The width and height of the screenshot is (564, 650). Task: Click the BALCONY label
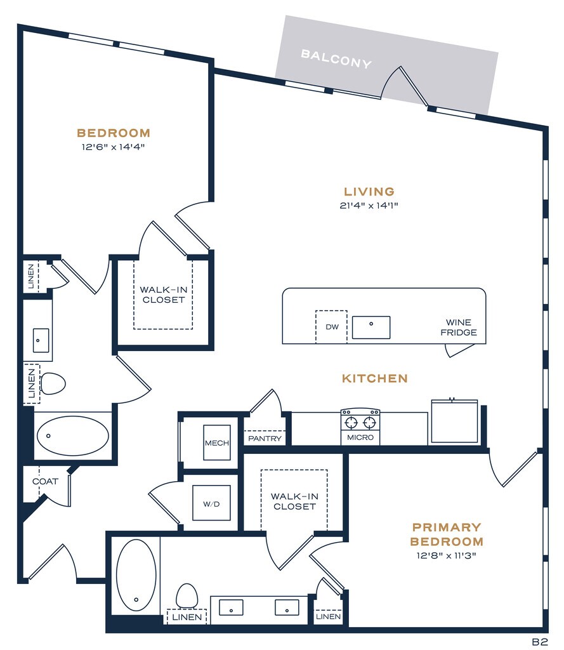[336, 59]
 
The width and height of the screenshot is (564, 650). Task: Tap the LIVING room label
[369, 192]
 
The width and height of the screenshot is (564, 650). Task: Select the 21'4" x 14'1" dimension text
[369, 205]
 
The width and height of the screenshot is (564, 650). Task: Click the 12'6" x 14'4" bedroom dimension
[113, 147]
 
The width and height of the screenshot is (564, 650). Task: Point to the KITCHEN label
[375, 378]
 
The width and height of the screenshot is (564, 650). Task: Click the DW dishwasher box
[332, 327]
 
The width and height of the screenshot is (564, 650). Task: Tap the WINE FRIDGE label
[459, 328]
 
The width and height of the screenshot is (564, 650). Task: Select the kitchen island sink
[371, 328]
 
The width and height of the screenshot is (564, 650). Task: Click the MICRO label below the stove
[360, 437]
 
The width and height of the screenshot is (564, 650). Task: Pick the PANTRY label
[265, 439]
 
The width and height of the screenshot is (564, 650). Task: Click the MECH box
[217, 442]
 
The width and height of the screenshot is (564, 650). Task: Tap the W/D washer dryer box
[211, 503]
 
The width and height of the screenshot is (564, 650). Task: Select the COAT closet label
[45, 482]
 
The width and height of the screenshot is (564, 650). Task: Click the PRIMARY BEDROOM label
[447, 534]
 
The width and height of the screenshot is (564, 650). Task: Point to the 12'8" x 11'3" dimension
[446, 555]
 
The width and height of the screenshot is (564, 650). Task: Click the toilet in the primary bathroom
[187, 595]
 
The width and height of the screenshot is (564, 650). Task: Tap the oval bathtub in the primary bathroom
[136, 575]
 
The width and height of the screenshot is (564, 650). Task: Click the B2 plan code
[540, 642]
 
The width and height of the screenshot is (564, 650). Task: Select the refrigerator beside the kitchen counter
[455, 421]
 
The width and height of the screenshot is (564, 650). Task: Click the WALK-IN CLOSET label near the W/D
[294, 501]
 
